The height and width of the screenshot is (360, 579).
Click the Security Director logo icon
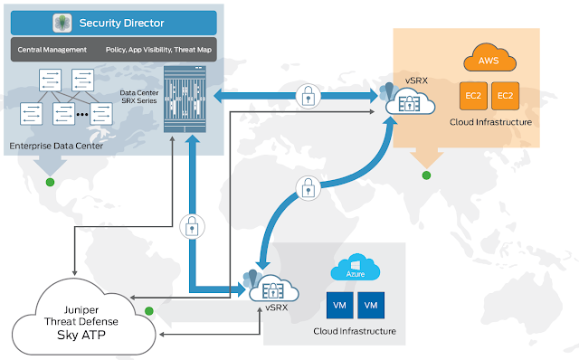click(62, 23)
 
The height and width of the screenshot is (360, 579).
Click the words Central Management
click(52, 50)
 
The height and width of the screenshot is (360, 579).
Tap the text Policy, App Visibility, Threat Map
click(158, 50)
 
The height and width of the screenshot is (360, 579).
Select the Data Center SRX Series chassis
click(185, 99)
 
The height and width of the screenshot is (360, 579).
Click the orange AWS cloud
click(489, 58)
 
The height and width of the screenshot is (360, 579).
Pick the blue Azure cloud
click(356, 268)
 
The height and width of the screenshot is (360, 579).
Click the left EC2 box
click(473, 96)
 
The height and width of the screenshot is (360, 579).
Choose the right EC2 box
click(505, 96)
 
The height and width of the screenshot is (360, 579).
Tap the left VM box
click(340, 306)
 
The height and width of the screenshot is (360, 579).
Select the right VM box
click(371, 306)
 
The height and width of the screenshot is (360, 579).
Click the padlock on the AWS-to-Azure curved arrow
click(308, 188)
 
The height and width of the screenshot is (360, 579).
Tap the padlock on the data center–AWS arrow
click(308, 97)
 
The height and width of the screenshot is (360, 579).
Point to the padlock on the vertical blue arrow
click(192, 227)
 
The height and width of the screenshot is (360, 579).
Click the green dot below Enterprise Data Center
click(51, 182)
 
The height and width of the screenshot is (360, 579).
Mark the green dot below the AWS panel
click(426, 175)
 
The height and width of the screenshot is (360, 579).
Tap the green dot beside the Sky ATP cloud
click(149, 311)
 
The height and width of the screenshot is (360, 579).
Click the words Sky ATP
click(81, 335)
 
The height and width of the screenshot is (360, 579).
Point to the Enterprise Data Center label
click(56, 146)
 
